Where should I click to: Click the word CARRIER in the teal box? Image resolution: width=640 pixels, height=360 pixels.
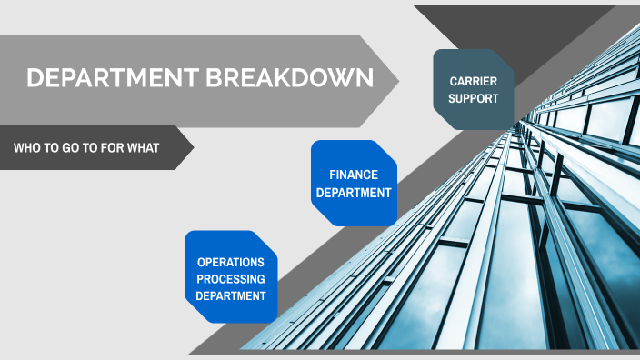[473, 81]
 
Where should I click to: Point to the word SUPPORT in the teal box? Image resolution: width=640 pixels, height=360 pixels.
[473, 98]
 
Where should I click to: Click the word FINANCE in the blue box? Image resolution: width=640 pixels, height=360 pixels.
[354, 174]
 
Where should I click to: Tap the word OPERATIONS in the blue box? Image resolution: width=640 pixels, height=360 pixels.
[231, 262]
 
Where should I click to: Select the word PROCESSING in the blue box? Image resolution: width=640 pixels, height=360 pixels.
[231, 278]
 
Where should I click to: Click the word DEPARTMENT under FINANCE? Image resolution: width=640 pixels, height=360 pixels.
[354, 192]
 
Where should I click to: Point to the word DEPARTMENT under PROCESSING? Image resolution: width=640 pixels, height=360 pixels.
[231, 295]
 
